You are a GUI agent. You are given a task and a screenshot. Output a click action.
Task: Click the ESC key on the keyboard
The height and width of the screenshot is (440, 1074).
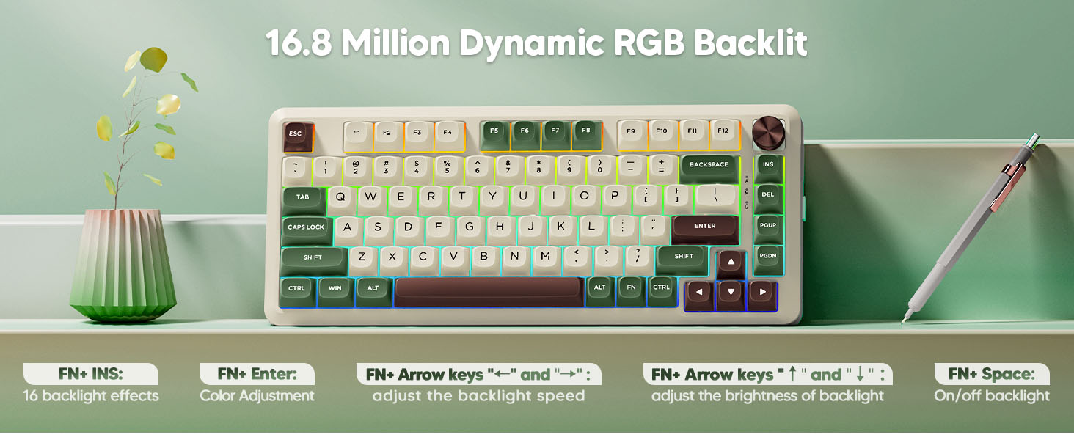[296, 133]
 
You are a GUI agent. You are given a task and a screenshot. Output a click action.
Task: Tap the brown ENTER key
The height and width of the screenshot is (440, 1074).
[704, 227]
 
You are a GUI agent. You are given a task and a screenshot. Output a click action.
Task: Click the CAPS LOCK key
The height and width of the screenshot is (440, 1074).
[306, 227]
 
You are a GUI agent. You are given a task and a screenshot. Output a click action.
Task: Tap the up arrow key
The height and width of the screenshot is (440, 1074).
[731, 262]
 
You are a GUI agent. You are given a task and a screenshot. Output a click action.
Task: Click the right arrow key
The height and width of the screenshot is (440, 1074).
[763, 292]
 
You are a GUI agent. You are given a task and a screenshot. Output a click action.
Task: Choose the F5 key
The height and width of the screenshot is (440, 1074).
[494, 131]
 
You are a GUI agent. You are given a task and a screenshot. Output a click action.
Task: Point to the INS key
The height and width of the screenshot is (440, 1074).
[768, 165]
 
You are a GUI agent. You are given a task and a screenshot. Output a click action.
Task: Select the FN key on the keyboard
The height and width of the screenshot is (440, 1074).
[631, 287]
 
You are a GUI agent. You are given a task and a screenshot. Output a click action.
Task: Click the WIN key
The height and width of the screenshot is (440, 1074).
[335, 288]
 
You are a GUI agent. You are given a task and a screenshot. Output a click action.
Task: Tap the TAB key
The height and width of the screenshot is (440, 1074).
[302, 197]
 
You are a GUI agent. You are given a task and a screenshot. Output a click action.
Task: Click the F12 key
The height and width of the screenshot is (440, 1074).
[723, 131]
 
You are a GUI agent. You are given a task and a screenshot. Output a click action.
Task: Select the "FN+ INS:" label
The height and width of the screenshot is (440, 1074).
[91, 374]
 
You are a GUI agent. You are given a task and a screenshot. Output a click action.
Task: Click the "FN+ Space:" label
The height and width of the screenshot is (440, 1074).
[991, 374]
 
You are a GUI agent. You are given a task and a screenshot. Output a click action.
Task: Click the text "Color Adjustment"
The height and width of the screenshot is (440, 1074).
[257, 396]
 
